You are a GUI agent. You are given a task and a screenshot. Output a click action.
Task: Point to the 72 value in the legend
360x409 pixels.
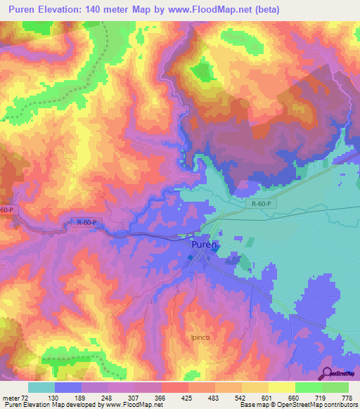pos(28,397)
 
